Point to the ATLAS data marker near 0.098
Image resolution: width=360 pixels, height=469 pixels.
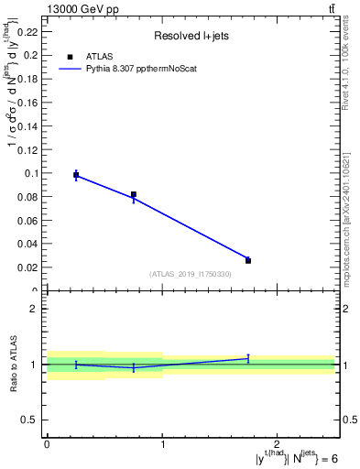point(76,175)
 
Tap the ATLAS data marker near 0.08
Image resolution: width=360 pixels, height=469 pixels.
point(134,194)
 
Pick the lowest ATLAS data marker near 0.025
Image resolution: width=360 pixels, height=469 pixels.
point(248,260)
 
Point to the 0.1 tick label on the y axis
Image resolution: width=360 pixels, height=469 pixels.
point(32,172)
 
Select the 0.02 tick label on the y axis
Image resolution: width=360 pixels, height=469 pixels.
point(29,267)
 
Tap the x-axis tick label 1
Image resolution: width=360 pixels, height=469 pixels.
point(162,443)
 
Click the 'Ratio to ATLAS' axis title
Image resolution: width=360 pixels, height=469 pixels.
point(14,364)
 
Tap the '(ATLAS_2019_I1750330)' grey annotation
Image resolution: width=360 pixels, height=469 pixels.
point(191,274)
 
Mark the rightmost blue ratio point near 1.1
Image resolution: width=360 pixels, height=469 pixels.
point(248,358)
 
